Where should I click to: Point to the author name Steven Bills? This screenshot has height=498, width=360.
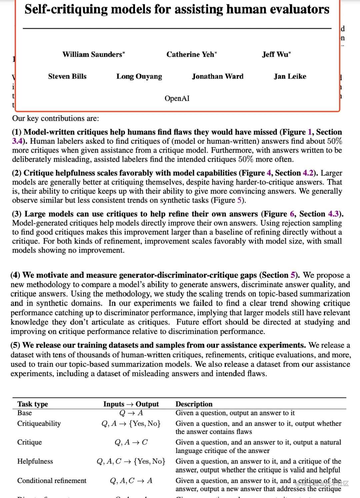(67, 76)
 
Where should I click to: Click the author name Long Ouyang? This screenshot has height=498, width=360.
(139, 76)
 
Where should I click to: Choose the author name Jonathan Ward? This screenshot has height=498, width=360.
(218, 76)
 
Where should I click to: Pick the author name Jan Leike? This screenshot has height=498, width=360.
(290, 76)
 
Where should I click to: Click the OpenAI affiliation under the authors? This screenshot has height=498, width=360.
(177, 98)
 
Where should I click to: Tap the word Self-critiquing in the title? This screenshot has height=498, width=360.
(66, 9)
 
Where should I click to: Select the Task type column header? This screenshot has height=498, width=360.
(33, 404)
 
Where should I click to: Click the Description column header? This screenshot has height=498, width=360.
(194, 404)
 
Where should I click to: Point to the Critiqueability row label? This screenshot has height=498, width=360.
(39, 423)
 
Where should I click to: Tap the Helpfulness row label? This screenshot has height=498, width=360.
(35, 461)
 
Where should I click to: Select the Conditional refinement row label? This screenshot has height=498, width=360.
(52, 481)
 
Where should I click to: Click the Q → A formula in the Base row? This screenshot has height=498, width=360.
(131, 413)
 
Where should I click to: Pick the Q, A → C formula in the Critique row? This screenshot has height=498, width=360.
(131, 442)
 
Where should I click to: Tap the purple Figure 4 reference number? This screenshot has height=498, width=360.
(269, 173)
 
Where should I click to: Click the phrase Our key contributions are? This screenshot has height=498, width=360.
(55, 118)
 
